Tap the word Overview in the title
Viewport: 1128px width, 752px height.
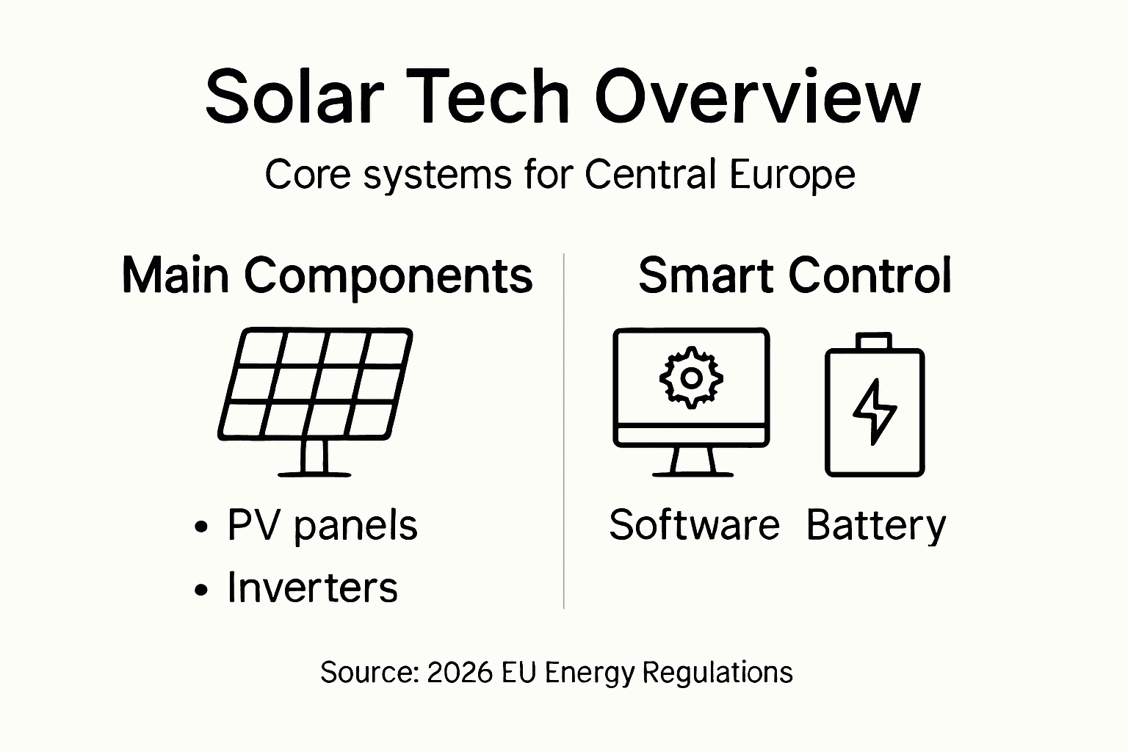coord(757,97)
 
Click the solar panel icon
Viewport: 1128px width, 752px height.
coord(316,385)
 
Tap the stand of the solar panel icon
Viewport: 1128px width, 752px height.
coord(314,459)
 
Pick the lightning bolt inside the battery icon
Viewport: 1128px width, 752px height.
coord(875,411)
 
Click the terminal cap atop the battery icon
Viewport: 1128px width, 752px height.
coord(875,341)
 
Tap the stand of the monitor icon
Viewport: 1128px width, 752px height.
coord(693,462)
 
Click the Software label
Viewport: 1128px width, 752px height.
coord(694,525)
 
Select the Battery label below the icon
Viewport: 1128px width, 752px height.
coord(876,527)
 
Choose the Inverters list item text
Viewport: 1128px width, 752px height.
coord(313,587)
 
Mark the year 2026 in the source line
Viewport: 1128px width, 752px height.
coord(460,672)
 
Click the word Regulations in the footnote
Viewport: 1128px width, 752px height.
coord(717,673)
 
